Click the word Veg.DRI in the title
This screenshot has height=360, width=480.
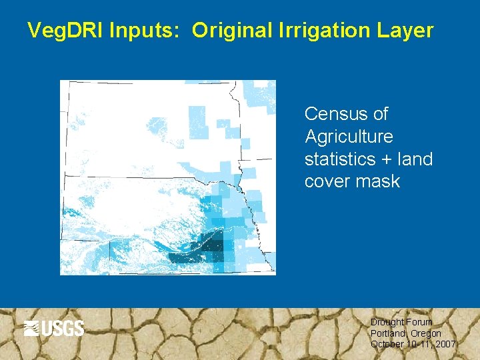[x=66, y=31]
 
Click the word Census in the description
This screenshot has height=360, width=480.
[x=337, y=114]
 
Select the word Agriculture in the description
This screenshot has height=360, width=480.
[x=349, y=137]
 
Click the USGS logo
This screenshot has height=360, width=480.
[x=54, y=328]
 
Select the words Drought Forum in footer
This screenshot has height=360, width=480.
[x=401, y=322]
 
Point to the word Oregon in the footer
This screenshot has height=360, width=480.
[x=426, y=333]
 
